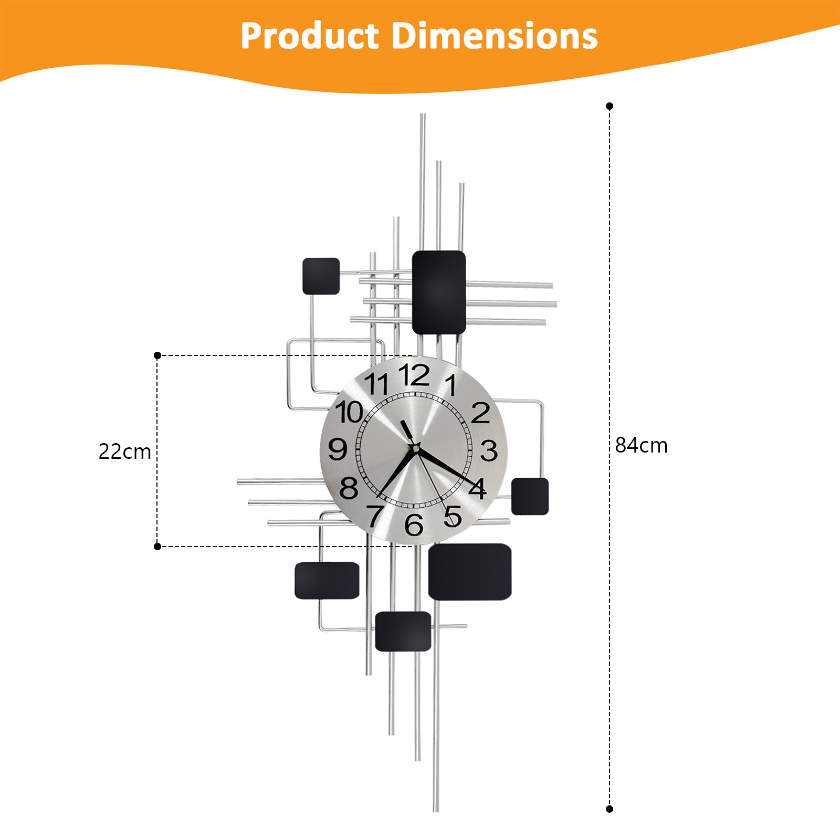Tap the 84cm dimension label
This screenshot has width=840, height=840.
coord(641,445)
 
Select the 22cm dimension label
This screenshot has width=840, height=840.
coord(125,451)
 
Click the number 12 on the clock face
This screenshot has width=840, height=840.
coord(414,375)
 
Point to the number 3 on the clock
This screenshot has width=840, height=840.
coord(489,450)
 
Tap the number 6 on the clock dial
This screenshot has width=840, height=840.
coord(414,524)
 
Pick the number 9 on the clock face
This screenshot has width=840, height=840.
coord(338,449)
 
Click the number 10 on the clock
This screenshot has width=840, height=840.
coord(350,412)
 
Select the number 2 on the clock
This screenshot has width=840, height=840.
coord(480,413)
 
